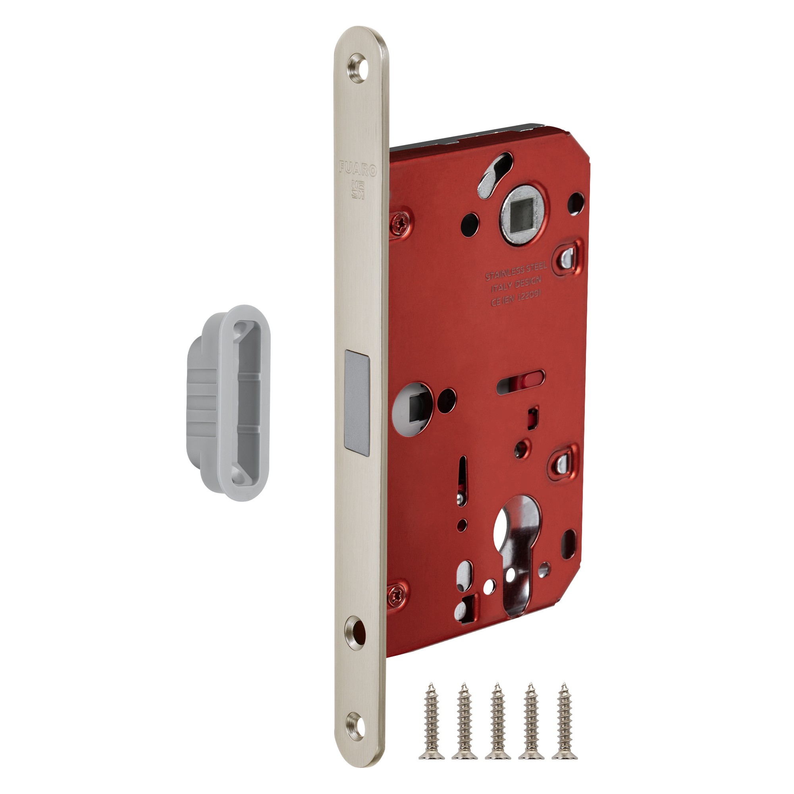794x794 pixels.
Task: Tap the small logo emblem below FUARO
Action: (x=358, y=189)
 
